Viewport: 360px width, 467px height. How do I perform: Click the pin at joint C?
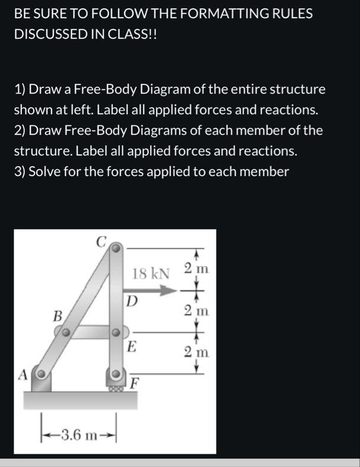116,249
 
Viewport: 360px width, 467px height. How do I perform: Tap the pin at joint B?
67,333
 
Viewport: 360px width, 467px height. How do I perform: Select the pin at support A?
41,374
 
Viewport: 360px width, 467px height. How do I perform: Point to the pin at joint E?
117,332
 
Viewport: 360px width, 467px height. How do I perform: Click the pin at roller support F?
116,374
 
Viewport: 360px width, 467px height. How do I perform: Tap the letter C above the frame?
101,241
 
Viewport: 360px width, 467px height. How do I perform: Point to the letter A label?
23,374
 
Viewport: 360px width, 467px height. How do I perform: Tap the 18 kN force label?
150,274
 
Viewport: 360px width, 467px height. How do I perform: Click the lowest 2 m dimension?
196,353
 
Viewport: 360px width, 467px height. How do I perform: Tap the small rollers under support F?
116,388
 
